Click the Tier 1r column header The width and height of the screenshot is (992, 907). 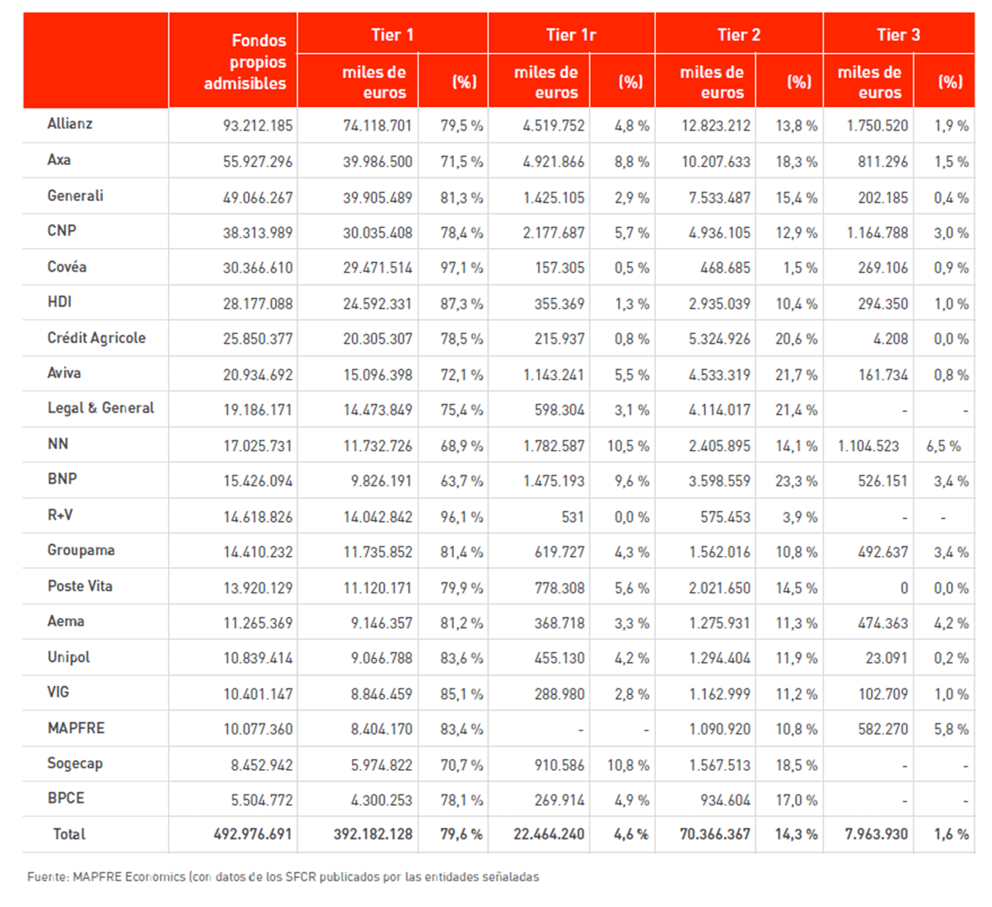570,35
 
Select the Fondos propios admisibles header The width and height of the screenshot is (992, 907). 245,62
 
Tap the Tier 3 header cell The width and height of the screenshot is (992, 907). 898,35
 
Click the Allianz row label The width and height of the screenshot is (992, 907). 70,124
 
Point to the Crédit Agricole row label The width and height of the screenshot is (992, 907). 97,338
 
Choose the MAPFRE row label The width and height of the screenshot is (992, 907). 76,728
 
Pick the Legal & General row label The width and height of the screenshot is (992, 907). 101,409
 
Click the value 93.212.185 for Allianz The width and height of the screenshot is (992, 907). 258,126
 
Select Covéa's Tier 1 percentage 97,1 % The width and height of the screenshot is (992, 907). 461,269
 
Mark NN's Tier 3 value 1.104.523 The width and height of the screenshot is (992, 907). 868,446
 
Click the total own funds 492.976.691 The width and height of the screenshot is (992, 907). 253,834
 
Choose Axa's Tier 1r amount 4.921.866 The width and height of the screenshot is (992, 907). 553,162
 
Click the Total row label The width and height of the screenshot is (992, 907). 69,834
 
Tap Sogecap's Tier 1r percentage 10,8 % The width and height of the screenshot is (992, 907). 628,765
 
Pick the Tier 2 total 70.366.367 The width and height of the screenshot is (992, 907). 715,834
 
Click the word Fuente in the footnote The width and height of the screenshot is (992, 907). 47,877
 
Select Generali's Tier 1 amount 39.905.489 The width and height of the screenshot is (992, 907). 377,197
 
